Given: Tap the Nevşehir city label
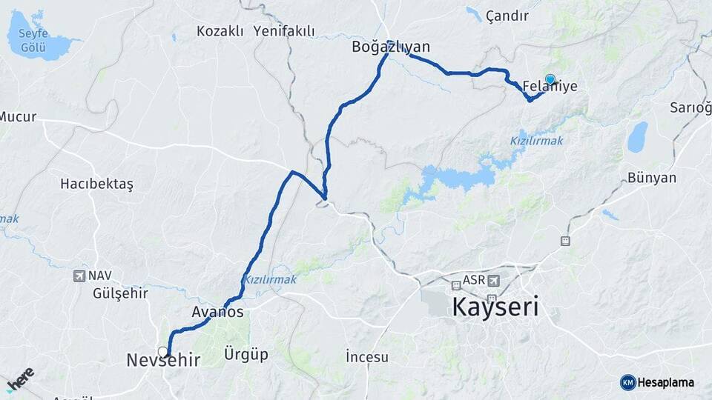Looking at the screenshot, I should tap(163, 361).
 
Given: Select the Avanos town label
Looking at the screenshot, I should tap(217, 313).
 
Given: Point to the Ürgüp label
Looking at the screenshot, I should tap(245, 354).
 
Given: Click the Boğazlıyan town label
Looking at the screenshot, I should tap(391, 48).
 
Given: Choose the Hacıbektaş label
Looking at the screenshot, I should tap(96, 184).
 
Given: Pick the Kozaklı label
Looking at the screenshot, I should tap(220, 31).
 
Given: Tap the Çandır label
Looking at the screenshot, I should tap(507, 16).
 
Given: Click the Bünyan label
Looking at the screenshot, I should tap(652, 178).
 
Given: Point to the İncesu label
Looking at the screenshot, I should tap(367, 357).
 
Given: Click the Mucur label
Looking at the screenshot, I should tap(18, 116).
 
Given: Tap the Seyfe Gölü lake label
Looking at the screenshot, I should tap(37, 40).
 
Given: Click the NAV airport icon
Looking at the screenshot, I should tap(79, 276).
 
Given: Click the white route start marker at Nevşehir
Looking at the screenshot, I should tap(162, 351).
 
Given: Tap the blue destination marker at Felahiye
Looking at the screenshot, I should tap(550, 79).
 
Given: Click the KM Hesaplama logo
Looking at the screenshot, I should tap(657, 382).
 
